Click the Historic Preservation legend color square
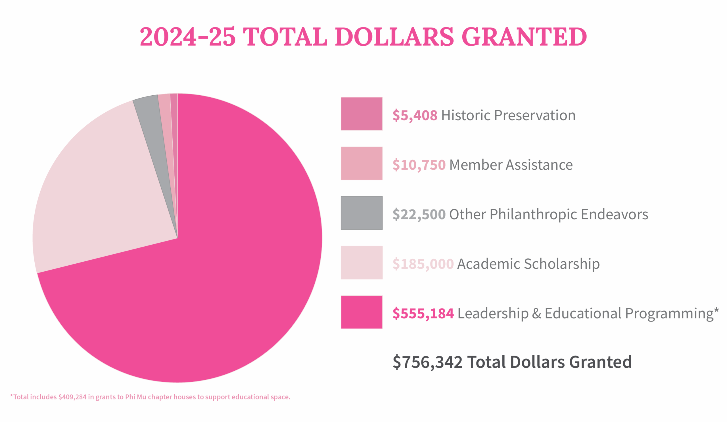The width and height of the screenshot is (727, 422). [362, 114]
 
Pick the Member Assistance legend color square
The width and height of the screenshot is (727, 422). [362, 163]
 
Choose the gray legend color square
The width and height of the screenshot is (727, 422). [362, 213]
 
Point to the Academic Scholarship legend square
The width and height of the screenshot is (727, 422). [362, 263]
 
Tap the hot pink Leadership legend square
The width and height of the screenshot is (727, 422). [362, 312]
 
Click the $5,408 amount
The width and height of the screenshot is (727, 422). [415, 115]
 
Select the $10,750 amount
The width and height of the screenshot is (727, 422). [419, 165]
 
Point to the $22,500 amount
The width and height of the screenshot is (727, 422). [419, 215]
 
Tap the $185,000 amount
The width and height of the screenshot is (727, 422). [423, 264]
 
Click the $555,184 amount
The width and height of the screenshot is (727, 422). [423, 314]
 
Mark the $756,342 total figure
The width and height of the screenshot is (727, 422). [428, 362]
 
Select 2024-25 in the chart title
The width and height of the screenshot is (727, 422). [187, 37]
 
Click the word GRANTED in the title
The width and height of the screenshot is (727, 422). [524, 37]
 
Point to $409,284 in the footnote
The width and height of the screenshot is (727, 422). [72, 397]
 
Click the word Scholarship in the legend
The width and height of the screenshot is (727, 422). [562, 264]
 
